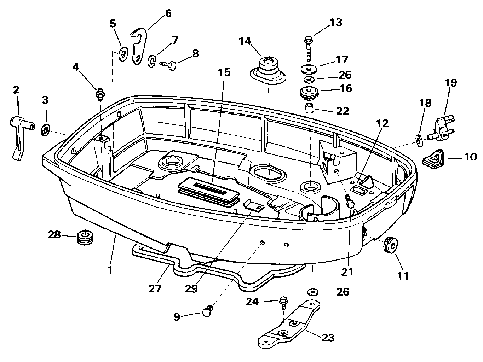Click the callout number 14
(245, 41)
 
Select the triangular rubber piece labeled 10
(433, 159)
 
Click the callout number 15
(224, 72)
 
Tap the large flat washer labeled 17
(309, 69)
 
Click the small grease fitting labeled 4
(100, 94)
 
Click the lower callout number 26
(343, 292)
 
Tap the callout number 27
(155, 288)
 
